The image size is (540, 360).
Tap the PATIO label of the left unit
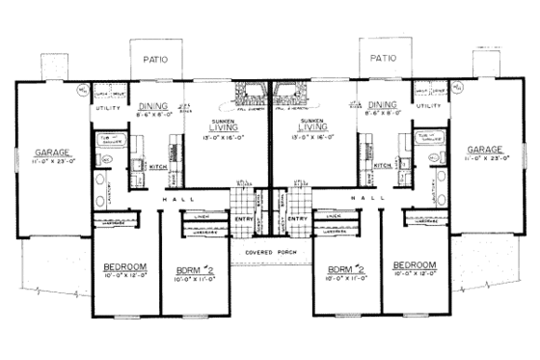(x=154, y=59)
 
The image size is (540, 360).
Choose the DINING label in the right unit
(x=382, y=105)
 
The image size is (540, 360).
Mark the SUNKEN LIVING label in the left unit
(x=225, y=125)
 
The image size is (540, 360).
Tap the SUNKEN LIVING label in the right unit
(x=315, y=125)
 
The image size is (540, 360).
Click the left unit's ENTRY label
(x=244, y=218)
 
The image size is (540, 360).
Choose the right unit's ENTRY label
(x=297, y=218)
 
